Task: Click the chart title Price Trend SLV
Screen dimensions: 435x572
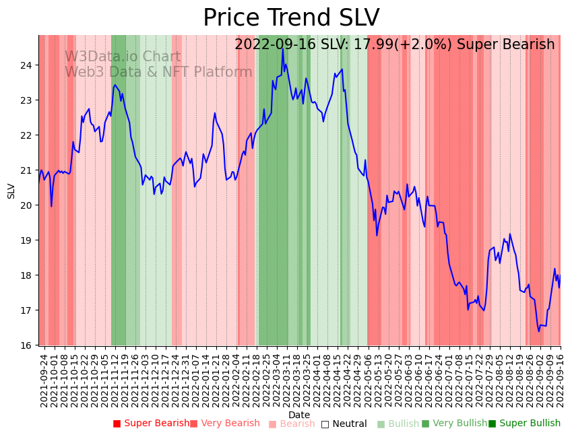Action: coord(291,18)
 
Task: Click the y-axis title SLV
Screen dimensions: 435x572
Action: coord(11,191)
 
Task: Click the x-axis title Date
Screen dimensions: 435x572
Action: coord(299,415)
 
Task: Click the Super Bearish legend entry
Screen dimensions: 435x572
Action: coord(152,424)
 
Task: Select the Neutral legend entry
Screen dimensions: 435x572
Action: coord(344,424)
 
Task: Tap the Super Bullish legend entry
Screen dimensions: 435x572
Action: coord(525,424)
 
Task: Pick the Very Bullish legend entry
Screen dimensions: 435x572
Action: coord(454,424)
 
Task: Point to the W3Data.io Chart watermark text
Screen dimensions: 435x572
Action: coord(123,57)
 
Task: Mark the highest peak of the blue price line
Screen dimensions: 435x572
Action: coord(282,50)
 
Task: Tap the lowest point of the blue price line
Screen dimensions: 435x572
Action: coord(538,331)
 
